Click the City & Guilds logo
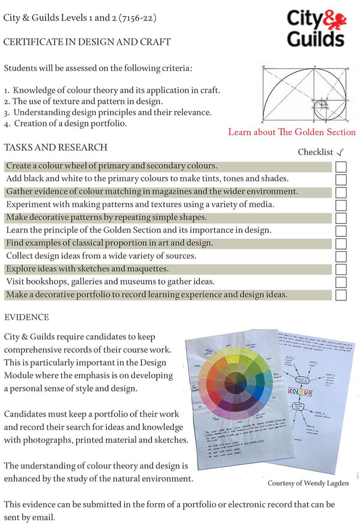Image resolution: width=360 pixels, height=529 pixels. pos(314,28)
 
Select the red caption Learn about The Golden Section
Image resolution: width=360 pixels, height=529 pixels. pos(292,132)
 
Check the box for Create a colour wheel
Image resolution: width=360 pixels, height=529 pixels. pos(341,166)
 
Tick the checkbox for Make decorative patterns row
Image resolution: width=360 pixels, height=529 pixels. pos(341,218)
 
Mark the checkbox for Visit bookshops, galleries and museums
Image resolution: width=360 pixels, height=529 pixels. pos(341,282)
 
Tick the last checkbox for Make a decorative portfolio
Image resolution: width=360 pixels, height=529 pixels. pos(341,295)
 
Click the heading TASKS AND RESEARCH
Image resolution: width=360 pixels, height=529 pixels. pos(56,148)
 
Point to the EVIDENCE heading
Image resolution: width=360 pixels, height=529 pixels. pos(26,317)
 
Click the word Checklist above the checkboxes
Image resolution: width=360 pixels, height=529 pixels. pos(315,153)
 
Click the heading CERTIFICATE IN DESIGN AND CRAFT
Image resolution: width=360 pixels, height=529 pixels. pos(87,42)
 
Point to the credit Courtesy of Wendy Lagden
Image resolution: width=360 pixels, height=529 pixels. pos(307,483)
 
